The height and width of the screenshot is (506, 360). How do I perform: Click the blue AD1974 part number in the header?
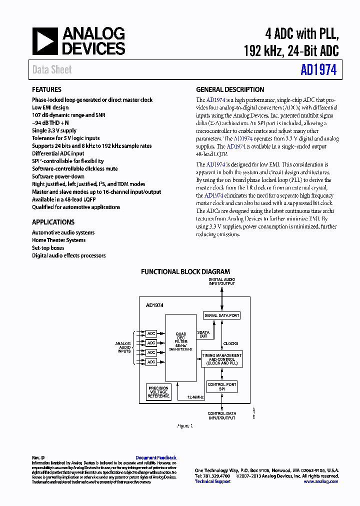(318, 70)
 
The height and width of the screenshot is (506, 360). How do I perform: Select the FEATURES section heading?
(46, 89)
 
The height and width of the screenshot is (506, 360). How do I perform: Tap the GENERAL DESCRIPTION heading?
(230, 89)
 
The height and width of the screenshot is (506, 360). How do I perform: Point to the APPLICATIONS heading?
(53, 222)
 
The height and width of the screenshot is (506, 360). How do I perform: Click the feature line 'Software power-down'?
(58, 176)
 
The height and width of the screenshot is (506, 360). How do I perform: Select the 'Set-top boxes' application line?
(48, 248)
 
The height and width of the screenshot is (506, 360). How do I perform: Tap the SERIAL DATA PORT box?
(221, 315)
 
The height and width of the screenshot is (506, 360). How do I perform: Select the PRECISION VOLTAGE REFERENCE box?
(158, 392)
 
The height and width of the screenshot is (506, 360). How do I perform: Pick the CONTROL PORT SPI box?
(221, 386)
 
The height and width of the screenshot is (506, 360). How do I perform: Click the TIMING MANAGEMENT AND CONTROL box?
(221, 359)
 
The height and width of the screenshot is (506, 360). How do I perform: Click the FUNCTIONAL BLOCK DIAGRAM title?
(185, 271)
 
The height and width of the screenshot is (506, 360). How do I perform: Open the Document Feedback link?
(155, 457)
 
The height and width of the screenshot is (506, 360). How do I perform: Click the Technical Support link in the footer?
(212, 481)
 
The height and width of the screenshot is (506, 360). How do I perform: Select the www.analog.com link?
(320, 481)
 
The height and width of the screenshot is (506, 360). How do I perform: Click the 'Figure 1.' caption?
(184, 426)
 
